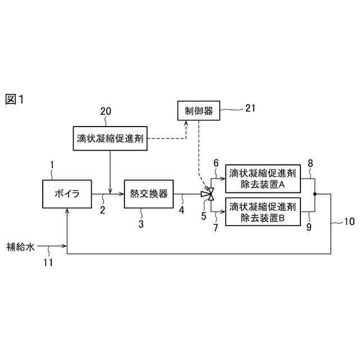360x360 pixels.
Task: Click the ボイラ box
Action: click(67, 194)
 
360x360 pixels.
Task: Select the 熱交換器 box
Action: click(149, 194)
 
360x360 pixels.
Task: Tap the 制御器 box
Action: click(199, 111)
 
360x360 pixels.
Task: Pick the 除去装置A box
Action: click(263, 179)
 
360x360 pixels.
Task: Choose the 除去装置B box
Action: click(263, 211)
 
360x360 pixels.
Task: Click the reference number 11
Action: click(49, 262)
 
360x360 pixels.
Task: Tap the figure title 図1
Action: click(15, 100)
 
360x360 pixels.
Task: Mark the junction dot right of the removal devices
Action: click(314, 195)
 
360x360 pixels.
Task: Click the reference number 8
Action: click(310, 164)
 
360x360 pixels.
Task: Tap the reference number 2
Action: click(103, 210)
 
